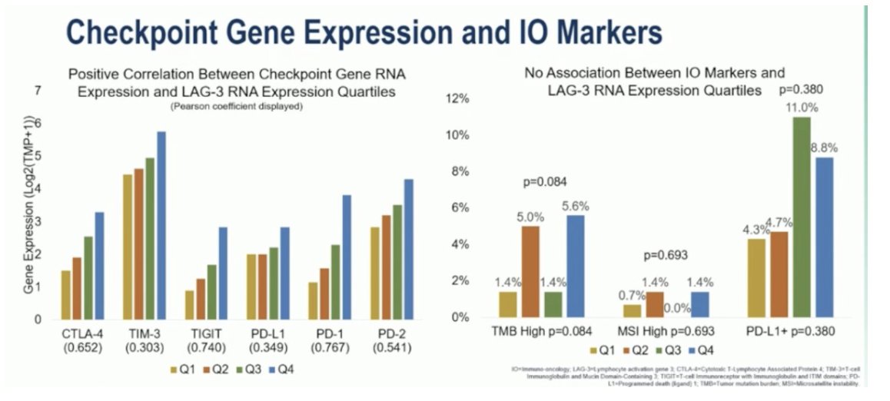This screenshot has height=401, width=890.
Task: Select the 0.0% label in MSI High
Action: pyautogui.click(x=677, y=308)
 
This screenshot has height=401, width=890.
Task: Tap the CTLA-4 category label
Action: pyautogui.click(x=81, y=334)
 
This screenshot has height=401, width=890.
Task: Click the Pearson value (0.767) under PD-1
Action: pyautogui.click(x=327, y=347)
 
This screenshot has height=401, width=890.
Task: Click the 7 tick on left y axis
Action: pyautogui.click(x=38, y=91)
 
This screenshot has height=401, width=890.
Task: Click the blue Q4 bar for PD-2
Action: pyautogui.click(x=407, y=249)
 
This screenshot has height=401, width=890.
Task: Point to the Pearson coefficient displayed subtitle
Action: pyautogui.click(x=237, y=107)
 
